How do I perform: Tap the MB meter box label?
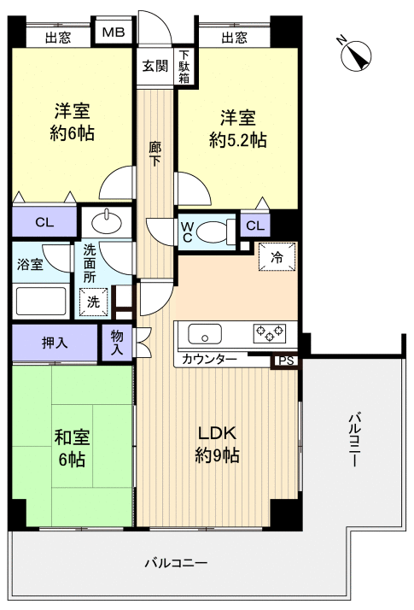pyautogui.click(x=114, y=34)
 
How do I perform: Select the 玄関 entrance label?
pyautogui.click(x=155, y=66)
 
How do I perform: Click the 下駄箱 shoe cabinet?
pyautogui.click(x=184, y=67)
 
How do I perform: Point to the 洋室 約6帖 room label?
pyautogui.click(x=72, y=122)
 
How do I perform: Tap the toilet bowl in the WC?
pyautogui.click(x=219, y=229)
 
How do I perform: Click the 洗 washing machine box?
pyautogui.click(x=92, y=301)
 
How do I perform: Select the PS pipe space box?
pyautogui.click(x=286, y=361)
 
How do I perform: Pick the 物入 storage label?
pyautogui.click(x=117, y=343)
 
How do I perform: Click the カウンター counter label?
pyautogui.click(x=209, y=361)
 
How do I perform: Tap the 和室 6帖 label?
pyautogui.click(x=72, y=448)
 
